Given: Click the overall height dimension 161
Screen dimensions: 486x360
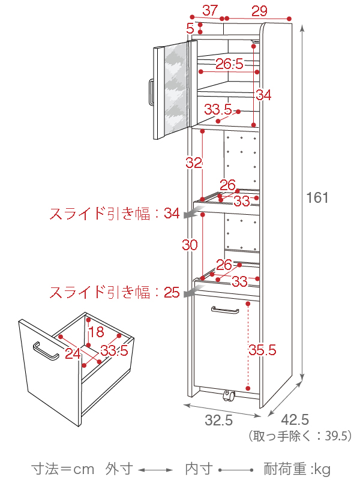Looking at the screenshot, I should point(317,197).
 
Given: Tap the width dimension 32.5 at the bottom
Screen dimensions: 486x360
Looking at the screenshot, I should point(218,421).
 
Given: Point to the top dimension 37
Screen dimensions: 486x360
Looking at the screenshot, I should point(209,10).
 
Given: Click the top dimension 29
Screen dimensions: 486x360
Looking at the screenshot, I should point(259,10).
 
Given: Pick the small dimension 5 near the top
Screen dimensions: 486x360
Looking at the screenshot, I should point(190,28).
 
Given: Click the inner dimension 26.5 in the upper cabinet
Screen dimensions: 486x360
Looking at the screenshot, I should point(229,64).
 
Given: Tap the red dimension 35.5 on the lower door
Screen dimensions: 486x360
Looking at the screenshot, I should point(263,349).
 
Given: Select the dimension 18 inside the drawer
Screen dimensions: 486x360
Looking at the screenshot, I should point(96,333).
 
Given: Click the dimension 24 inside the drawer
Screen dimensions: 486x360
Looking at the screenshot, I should point(73,353).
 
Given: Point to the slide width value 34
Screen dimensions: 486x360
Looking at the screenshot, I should point(172,213).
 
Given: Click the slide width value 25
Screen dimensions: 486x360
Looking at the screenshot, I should point(172,292).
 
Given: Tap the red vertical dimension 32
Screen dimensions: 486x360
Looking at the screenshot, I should point(193,163).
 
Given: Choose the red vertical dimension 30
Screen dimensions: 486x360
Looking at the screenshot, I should point(190,245).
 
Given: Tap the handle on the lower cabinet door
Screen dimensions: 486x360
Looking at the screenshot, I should point(225,310).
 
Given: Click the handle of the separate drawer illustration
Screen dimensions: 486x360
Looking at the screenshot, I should point(46,351).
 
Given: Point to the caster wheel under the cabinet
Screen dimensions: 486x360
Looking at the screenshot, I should point(227,395).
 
